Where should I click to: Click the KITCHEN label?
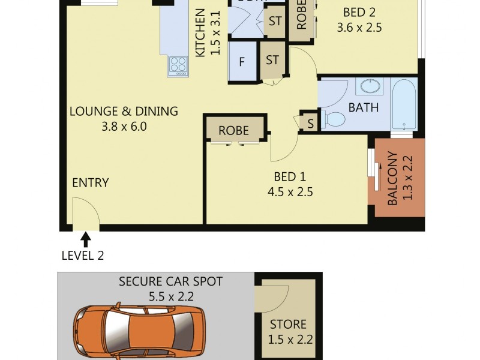tap(200, 33)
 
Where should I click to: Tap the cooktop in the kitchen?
tap(178, 64)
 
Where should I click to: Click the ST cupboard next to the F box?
tap(272, 60)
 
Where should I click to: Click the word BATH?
tap(363, 108)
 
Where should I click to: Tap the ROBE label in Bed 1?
tap(233, 130)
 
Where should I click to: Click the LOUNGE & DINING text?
tap(124, 111)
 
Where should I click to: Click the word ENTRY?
tap(90, 183)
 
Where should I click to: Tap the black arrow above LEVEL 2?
tap(86, 239)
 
